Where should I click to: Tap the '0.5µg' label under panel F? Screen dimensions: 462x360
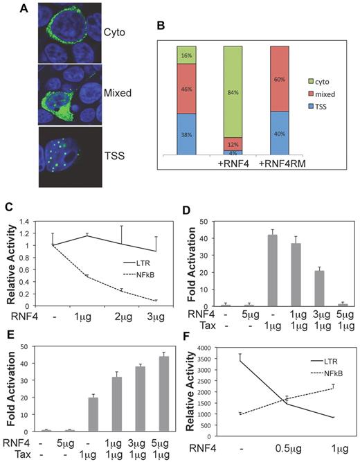pos(288,453)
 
